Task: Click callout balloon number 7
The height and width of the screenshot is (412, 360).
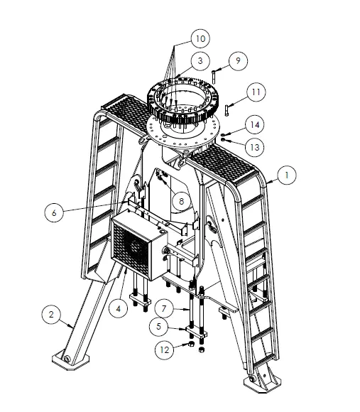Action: [x=164, y=310]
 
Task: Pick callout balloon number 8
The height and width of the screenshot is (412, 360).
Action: [x=182, y=201]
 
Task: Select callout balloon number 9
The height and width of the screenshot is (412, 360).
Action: [x=239, y=60]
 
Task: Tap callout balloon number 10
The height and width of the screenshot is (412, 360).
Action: [x=200, y=36]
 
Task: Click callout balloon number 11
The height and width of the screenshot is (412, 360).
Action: [x=256, y=92]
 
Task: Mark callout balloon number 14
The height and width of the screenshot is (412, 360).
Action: [x=254, y=124]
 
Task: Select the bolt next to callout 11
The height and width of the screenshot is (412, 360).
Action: [x=227, y=109]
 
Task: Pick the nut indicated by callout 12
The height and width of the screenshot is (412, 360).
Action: [x=190, y=345]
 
